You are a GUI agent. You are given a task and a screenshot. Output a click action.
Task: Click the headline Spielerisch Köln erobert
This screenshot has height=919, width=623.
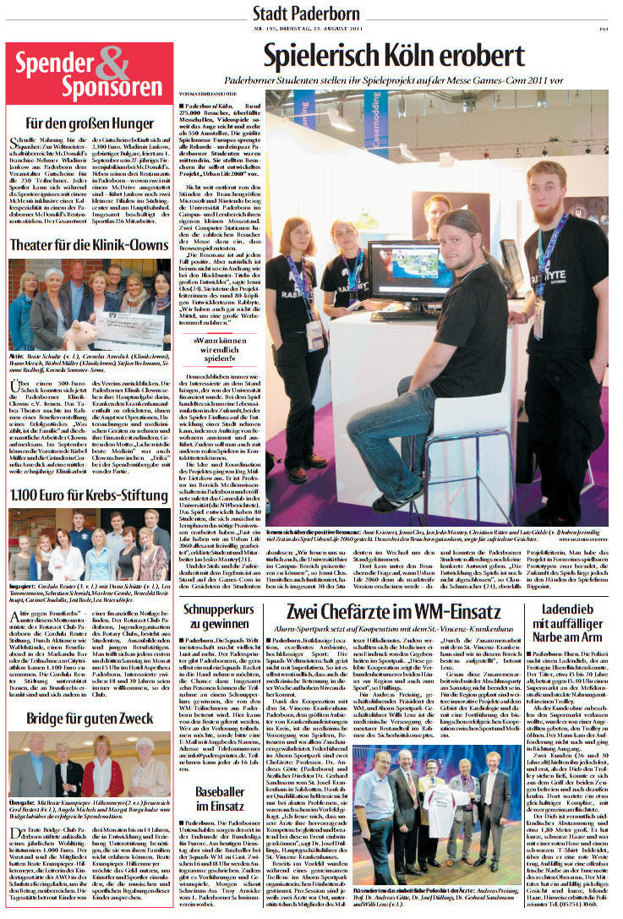click(394, 56)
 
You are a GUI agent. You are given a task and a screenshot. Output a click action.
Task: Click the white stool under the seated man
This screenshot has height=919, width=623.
click(440, 461)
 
